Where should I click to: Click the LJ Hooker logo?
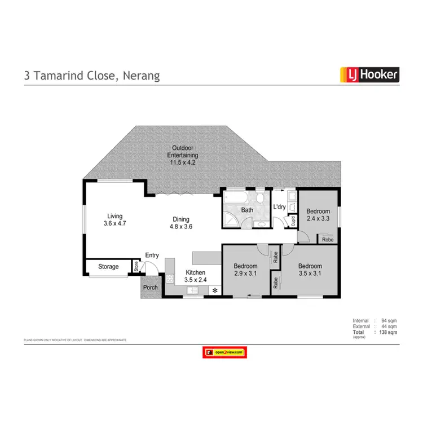pos(369,74)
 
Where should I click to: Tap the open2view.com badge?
pos(225,352)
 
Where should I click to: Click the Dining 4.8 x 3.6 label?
pos(181,223)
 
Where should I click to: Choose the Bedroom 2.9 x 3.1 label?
pos(245,270)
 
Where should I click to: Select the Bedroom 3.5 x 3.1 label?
pos(310,270)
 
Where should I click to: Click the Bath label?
pos(247,210)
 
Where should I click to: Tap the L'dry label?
pos(280,208)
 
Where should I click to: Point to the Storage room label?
pos(108,266)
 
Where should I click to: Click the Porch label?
pos(151,287)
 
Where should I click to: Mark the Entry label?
pos(152,255)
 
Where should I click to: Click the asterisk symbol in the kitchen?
pos(214,290)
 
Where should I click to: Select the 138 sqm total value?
pos(389,333)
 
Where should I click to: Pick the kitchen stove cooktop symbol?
pos(170,279)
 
